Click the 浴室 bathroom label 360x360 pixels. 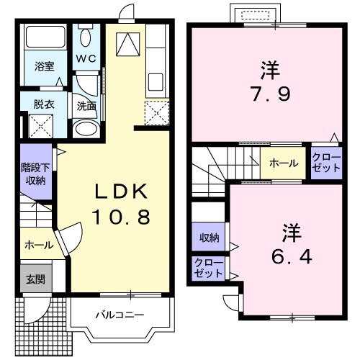(x=44, y=66)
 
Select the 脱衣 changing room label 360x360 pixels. (x=43, y=103)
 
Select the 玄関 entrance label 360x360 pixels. (x=35, y=279)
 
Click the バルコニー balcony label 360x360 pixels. (x=120, y=315)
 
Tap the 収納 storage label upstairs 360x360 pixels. (x=210, y=237)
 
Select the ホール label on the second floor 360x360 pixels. (x=283, y=163)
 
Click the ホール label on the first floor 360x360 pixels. (x=37, y=245)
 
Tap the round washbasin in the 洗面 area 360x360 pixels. (x=86, y=130)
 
